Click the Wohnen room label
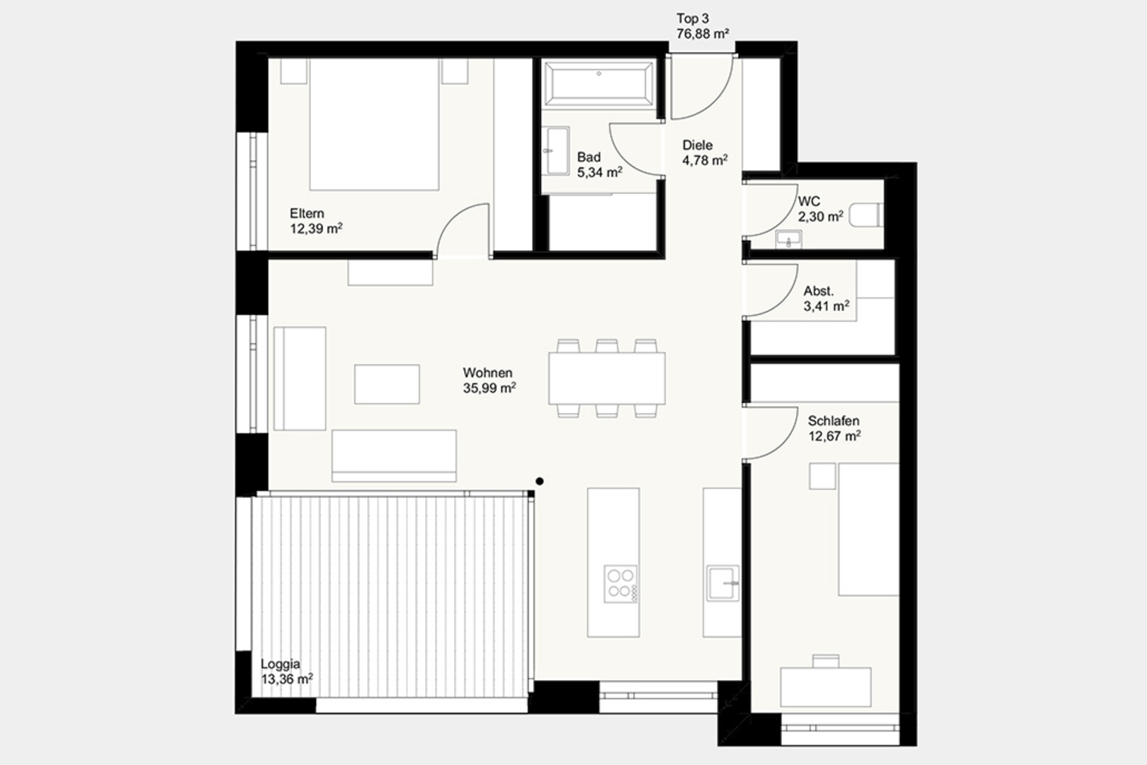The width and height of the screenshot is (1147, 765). [487, 373]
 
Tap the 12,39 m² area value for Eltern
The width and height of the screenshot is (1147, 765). [316, 228]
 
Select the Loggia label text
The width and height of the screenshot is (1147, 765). [280, 664]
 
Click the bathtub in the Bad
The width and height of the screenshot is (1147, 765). [599, 84]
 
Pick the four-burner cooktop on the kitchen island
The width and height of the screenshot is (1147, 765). [621, 584]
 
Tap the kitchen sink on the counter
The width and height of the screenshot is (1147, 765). [723, 583]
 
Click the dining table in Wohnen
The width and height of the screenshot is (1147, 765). [606, 378]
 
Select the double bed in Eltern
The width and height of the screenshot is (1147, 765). [374, 125]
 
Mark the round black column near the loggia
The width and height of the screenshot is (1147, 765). [539, 482]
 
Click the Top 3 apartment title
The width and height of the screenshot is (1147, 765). [692, 19]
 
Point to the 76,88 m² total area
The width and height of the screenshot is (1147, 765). [703, 34]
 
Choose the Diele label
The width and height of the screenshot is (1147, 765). [697, 145]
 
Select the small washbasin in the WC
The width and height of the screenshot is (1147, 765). [789, 239]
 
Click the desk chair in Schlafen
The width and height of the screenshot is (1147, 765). [825, 661]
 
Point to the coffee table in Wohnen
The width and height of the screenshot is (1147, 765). [387, 384]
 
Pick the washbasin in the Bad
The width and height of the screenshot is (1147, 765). [557, 151]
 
